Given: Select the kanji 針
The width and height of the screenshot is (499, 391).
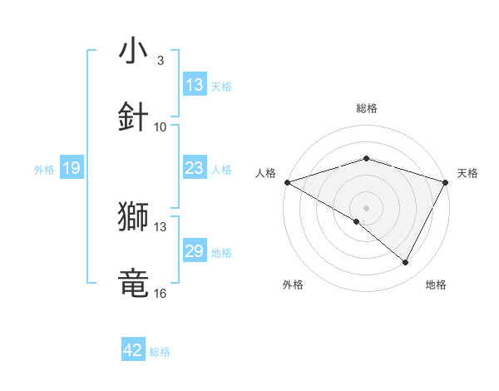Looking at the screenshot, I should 133,116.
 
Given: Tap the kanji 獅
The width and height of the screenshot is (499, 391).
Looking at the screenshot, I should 133,216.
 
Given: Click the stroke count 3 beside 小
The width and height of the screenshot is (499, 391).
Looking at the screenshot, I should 160,61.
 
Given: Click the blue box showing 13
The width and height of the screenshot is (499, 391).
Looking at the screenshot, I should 195,85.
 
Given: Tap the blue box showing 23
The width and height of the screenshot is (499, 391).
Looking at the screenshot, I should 195,168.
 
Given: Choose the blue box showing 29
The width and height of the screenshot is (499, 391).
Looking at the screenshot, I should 195,251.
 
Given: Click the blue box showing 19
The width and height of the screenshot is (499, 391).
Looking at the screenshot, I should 72,169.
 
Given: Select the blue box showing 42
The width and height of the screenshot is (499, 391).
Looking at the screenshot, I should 133,351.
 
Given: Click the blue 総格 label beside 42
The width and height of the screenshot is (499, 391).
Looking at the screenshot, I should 160,352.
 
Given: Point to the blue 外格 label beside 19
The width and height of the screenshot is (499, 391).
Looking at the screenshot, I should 44,170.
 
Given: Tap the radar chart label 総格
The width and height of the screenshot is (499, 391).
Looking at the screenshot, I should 366,108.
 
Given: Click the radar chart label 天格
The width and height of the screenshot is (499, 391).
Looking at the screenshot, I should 467,173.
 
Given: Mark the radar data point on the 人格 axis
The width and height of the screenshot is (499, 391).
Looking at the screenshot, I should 287,181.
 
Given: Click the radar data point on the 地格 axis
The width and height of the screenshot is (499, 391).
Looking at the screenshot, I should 406,262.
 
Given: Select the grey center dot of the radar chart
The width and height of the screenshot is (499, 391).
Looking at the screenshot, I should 366,207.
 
